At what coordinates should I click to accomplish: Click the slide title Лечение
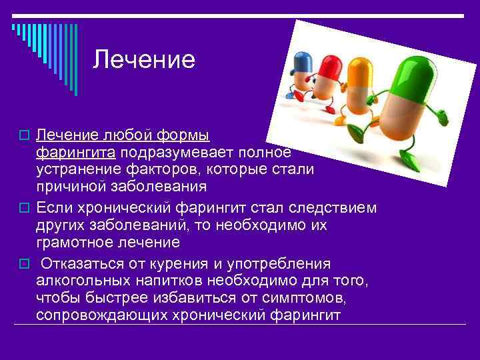click(x=144, y=60)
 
